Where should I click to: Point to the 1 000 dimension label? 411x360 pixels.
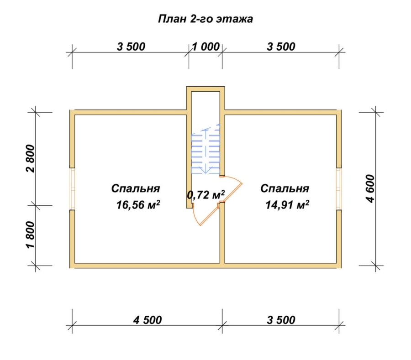click(206, 47)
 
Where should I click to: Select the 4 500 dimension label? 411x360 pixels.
click(148, 320)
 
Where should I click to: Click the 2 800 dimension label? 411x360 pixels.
click(31, 158)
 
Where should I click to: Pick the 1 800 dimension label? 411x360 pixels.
click(31, 235)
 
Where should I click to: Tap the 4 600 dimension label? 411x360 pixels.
click(371, 188)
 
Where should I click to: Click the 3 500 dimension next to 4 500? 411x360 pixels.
click(281, 320)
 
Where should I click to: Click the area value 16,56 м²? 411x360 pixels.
click(138, 204)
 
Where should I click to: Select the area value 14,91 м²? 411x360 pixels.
click(287, 204)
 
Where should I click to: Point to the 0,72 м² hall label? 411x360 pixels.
click(206, 194)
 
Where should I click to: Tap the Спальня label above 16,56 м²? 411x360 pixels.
click(136, 188)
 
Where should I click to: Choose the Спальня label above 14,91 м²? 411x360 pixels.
click(285, 188)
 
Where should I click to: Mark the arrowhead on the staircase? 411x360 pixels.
click(206, 170)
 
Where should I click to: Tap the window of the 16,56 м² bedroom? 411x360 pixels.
click(73, 188)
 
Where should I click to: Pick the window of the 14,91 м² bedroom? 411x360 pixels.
click(339, 188)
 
